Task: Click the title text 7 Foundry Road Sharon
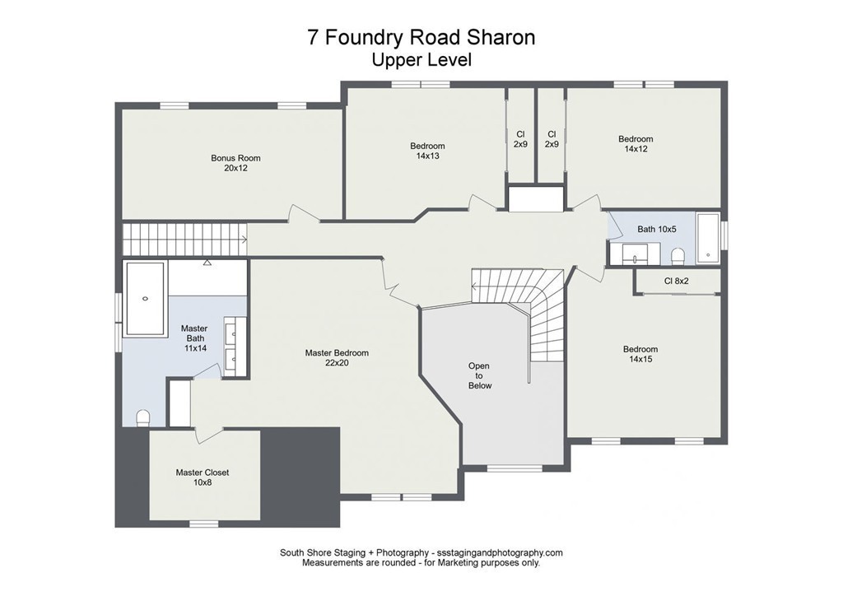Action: point(421,38)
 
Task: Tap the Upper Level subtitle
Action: point(421,60)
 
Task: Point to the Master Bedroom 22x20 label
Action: point(337,357)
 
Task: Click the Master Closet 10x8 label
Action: point(202,477)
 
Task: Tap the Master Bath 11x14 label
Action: point(194,338)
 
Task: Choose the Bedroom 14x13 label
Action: point(427,151)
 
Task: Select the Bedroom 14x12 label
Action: point(636,144)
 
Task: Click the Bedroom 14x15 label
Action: point(640,354)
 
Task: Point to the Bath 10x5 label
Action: point(657,229)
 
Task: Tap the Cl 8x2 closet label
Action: point(676,281)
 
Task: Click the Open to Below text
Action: point(479,375)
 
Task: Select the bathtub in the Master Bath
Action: point(145,299)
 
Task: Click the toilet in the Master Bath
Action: point(142,417)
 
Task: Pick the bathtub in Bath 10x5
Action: point(707,239)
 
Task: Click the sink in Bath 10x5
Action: point(636,252)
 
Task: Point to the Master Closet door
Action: point(208,435)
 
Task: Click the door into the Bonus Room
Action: point(304,214)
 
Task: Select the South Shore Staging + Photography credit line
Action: point(421,552)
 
